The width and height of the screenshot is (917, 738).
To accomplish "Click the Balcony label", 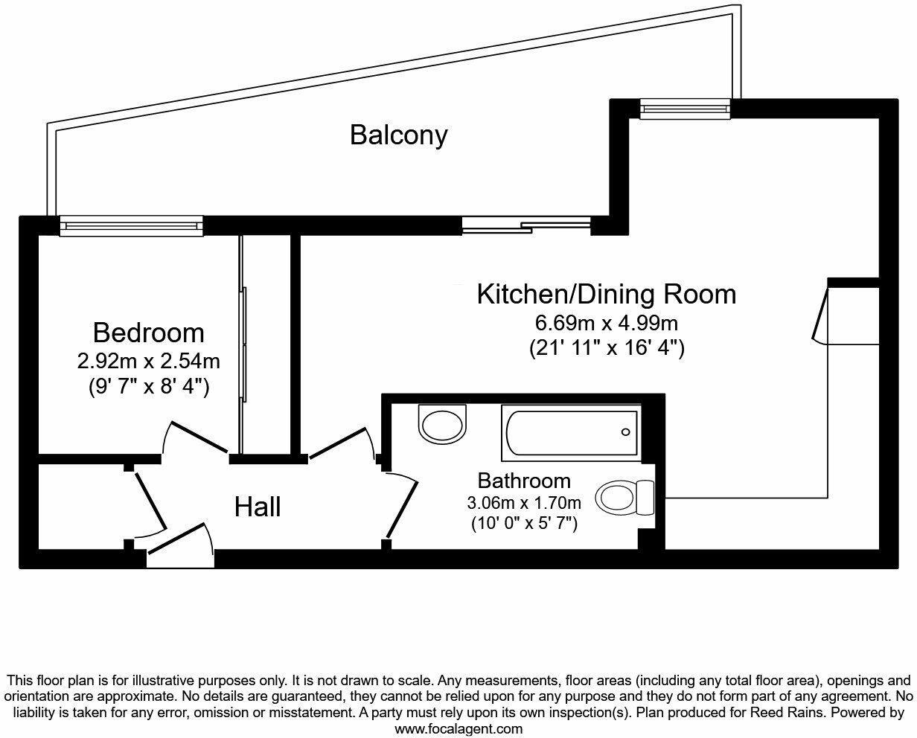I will pyautogui.click(x=399, y=135).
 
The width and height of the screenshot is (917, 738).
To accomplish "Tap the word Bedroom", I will pyautogui.click(x=148, y=332).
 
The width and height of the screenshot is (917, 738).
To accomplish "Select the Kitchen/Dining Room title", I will pyautogui.click(x=606, y=294).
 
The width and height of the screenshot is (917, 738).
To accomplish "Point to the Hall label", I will pyautogui.click(x=258, y=507).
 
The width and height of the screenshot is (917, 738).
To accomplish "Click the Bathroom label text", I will pyautogui.click(x=524, y=481).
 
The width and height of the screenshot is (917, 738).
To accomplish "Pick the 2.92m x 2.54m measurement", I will pyautogui.click(x=148, y=362).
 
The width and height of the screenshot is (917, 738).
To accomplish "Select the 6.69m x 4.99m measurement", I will pyautogui.click(x=606, y=324).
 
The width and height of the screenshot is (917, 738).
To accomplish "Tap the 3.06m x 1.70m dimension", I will pyautogui.click(x=524, y=503).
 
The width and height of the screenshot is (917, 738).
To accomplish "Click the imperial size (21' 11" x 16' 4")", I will pyautogui.click(x=606, y=347).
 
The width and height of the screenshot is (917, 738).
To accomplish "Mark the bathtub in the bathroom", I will pyautogui.click(x=571, y=432).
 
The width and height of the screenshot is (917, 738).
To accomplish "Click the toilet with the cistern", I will pyautogui.click(x=624, y=496).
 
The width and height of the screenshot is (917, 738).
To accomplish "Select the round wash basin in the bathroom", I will pyautogui.click(x=443, y=423).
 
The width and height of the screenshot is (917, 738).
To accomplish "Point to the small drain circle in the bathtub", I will pyautogui.click(x=626, y=432).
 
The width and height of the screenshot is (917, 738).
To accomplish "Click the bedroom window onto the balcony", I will pyautogui.click(x=131, y=225).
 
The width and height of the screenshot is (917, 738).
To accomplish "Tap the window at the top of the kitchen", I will pyautogui.click(x=686, y=109).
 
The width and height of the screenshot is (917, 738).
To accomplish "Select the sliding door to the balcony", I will pyautogui.click(x=526, y=225).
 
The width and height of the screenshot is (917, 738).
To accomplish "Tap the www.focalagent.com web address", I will pyautogui.click(x=458, y=729).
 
